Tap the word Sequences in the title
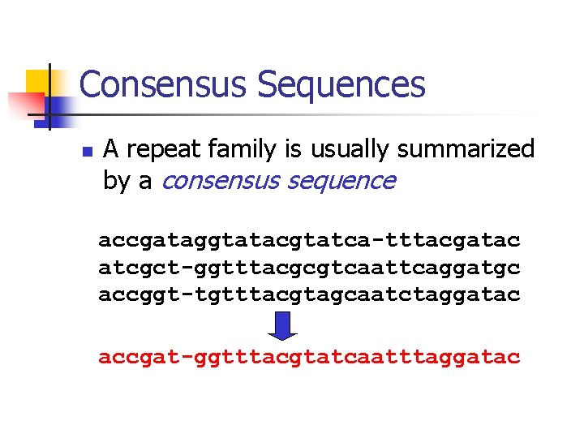click(340, 84)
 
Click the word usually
click(346, 150)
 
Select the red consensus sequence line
click(309, 357)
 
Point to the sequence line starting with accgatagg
click(309, 241)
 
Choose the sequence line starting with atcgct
click(309, 267)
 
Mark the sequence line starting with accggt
click(309, 294)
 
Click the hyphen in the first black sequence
click(380, 241)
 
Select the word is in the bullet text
click(292, 150)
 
